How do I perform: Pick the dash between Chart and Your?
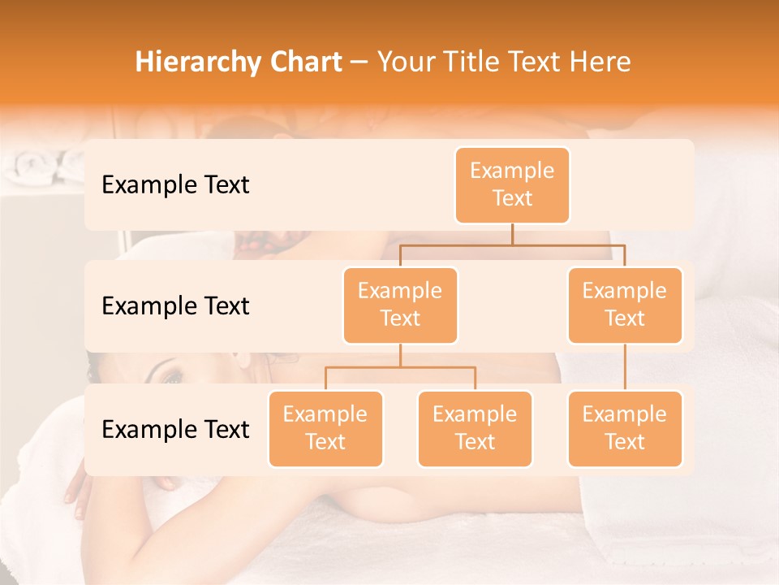click(x=359, y=63)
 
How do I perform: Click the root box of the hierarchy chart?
click(x=512, y=185)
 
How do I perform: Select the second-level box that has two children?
click(x=400, y=305)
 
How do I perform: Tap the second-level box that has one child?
click(x=625, y=305)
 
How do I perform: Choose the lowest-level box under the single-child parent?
click(x=625, y=428)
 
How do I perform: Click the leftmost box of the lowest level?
click(x=325, y=428)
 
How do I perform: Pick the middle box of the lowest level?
click(x=475, y=428)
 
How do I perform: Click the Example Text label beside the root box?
click(x=175, y=185)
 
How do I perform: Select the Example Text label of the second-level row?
click(x=175, y=306)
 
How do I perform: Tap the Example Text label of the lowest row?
click(x=175, y=429)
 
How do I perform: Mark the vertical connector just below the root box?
click(x=512, y=234)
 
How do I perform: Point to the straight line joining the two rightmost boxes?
click(x=625, y=366)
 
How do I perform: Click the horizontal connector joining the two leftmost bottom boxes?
click(x=400, y=367)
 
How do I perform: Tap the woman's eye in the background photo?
click(x=172, y=378)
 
